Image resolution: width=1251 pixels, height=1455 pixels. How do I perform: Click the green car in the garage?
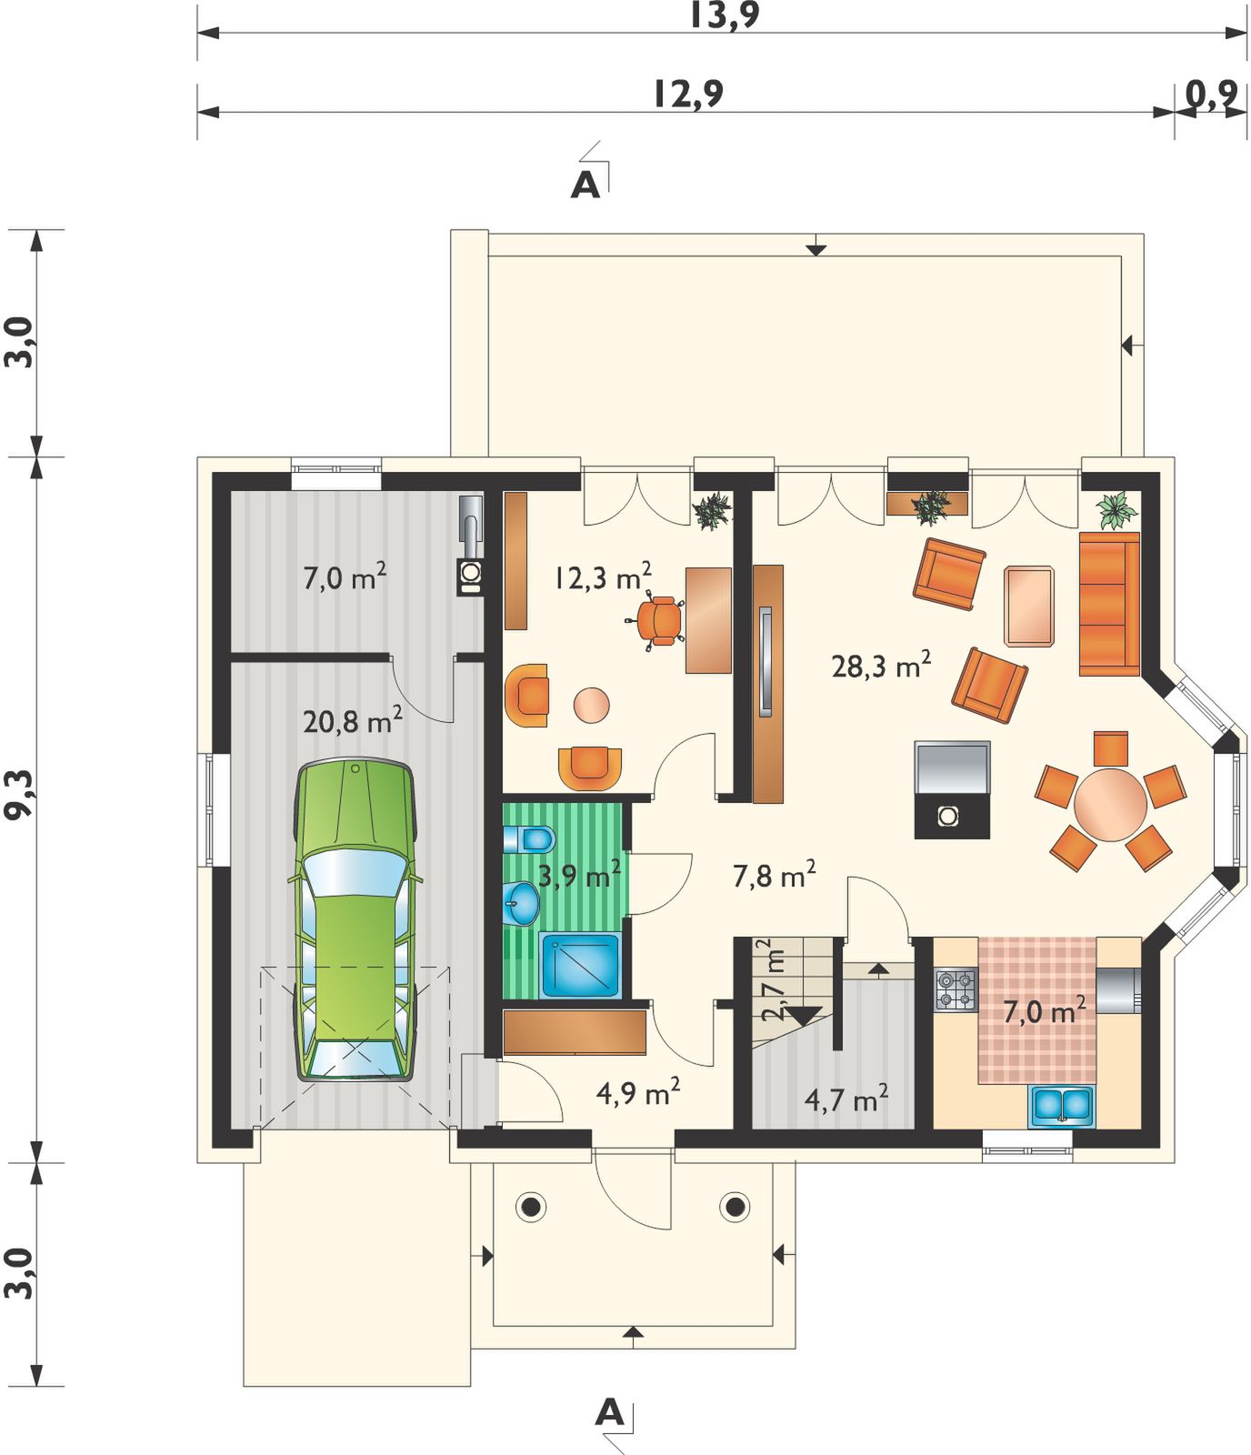[355, 918]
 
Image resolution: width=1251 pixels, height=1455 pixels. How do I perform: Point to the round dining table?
[1110, 805]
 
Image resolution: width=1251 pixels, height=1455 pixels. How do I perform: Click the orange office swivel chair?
[658, 620]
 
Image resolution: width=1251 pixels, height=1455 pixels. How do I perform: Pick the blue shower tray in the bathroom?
[581, 965]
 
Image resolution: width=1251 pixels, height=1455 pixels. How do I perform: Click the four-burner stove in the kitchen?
[956, 990]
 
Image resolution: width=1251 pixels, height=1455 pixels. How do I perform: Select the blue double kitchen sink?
[1062, 1105]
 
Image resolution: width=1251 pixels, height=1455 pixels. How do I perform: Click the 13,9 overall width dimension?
[724, 15]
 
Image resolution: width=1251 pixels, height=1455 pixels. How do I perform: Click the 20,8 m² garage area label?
[353, 722]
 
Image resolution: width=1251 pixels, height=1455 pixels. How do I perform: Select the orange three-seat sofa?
[1109, 604]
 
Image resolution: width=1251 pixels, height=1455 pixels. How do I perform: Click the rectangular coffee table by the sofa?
[1029, 606]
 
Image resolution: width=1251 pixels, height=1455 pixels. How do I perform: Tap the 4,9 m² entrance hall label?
[638, 1094]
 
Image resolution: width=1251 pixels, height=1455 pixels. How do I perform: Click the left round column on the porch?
[529, 1207]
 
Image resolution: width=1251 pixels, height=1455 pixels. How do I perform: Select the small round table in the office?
[591, 705]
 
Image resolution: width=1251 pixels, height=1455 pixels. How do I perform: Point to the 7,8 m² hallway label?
[774, 875]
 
